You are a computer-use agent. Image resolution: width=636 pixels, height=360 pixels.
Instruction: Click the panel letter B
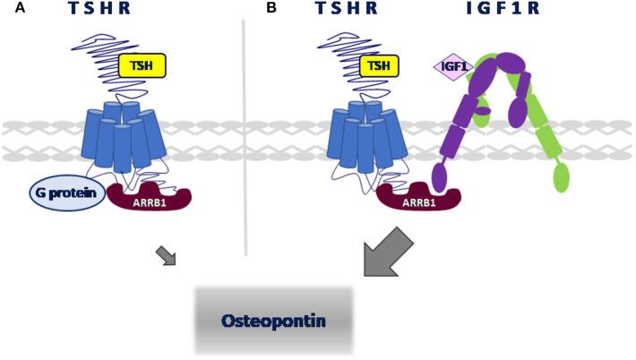271,9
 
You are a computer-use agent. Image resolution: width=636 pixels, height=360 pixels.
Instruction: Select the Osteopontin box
274,319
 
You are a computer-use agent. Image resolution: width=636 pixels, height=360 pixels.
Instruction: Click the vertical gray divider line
245,134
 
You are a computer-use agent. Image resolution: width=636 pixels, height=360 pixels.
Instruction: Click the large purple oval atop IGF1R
508,64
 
